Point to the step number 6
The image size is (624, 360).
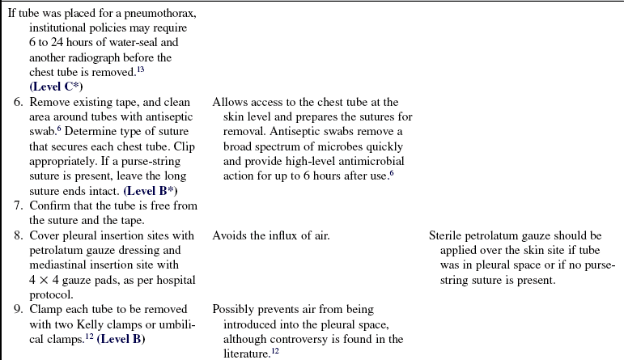pyautogui.click(x=17, y=102)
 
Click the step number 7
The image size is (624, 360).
pyautogui.click(x=17, y=205)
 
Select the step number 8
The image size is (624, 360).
pyautogui.click(x=17, y=235)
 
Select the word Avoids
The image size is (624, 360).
pyautogui.click(x=230, y=235)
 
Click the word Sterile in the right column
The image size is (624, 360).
pyautogui.click(x=447, y=235)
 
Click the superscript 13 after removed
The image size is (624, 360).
pyautogui.click(x=162, y=70)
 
